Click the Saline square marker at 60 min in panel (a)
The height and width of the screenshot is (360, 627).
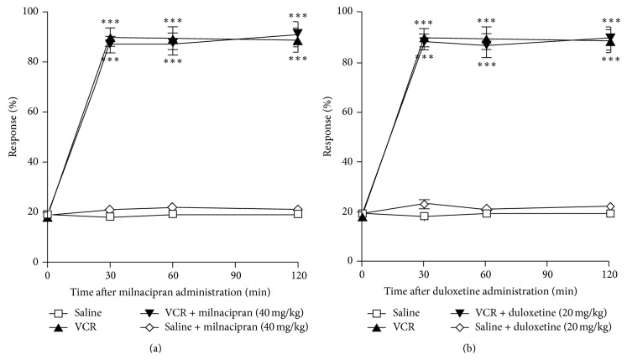[172, 214]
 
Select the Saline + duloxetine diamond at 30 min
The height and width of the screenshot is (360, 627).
[424, 204]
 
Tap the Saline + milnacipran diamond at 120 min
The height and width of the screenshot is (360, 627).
[297, 210]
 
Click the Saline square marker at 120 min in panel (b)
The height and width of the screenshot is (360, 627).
[610, 213]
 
